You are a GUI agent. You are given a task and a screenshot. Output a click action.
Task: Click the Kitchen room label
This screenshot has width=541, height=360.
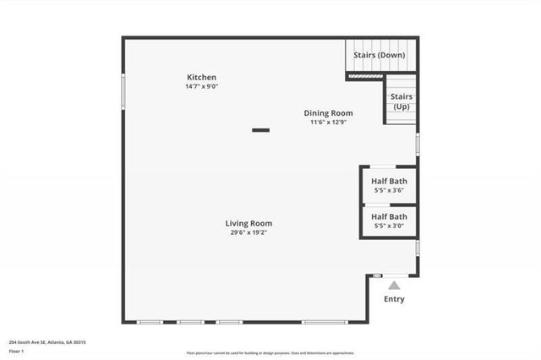click(201, 78)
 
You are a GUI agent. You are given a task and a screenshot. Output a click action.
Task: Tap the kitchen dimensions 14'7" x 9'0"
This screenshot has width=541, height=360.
click(201, 87)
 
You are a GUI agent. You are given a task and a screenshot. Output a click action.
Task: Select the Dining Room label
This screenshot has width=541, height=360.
click(329, 113)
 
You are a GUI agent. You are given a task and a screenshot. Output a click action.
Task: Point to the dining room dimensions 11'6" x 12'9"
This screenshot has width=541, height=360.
click(329, 123)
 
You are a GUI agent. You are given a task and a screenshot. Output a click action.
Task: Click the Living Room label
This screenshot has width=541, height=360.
click(249, 224)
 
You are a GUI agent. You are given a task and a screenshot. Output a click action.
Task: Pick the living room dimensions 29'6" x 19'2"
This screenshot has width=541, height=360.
click(249, 233)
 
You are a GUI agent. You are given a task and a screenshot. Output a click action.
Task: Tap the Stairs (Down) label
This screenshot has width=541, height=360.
click(379, 55)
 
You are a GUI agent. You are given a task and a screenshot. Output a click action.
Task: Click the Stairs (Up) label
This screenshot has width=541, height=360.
click(402, 101)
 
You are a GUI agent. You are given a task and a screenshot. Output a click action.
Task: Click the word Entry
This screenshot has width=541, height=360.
click(394, 299)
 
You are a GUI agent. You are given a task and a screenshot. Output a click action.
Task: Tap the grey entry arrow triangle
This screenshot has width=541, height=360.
click(394, 286)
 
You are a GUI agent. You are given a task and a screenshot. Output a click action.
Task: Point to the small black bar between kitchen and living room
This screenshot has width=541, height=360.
click(260, 130)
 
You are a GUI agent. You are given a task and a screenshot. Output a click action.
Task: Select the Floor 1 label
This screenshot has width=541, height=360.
click(18, 351)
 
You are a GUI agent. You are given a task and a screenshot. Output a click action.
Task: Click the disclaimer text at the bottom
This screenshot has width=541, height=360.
click(270, 353)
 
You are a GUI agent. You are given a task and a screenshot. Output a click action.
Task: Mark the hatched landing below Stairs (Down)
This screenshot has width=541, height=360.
click(364, 75)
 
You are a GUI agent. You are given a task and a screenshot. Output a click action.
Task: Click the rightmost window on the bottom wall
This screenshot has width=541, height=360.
click(324, 322)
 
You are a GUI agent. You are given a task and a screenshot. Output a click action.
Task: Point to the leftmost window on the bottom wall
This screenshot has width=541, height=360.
click(150, 322)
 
